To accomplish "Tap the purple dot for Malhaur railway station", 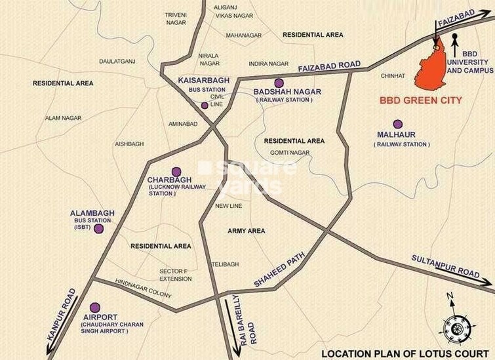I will pyautogui.click(x=397, y=124).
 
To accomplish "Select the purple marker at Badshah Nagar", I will pyautogui.click(x=279, y=83).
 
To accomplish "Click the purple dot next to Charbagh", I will pyautogui.click(x=176, y=172).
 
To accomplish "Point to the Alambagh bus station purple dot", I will pyautogui.click(x=98, y=229).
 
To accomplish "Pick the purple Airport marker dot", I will pyautogui.click(x=95, y=307).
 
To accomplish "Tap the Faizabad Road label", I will pyautogui.click(x=329, y=66).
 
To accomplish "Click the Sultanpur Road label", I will pyautogui.click(x=446, y=264).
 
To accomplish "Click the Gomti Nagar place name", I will pyautogui.click(x=289, y=153).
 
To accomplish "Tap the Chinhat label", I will pyautogui.click(x=393, y=76).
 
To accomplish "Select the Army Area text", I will pyautogui.click(x=247, y=231).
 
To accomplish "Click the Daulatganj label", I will pyautogui.click(x=117, y=61).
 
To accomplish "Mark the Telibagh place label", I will pyautogui.click(x=225, y=264).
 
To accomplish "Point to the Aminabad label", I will pyautogui.click(x=183, y=123).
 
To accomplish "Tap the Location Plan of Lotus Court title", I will pyautogui.click(x=405, y=353).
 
